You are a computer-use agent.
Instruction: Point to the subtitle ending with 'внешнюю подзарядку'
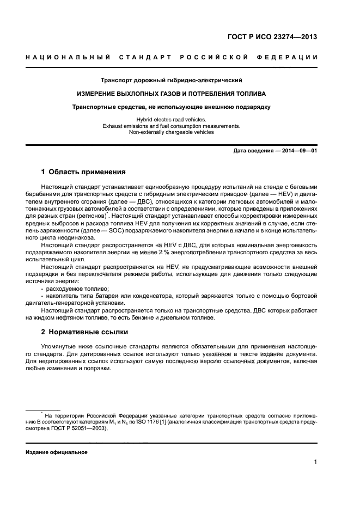click(x=171, y=107)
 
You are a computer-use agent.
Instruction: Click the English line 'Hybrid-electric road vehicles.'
click(x=171, y=120)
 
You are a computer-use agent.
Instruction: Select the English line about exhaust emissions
click(x=171, y=126)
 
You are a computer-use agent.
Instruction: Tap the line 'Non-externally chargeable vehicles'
click(x=171, y=132)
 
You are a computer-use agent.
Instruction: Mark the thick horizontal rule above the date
click(x=171, y=144)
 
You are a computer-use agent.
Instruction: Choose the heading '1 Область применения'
click(x=84, y=172)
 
